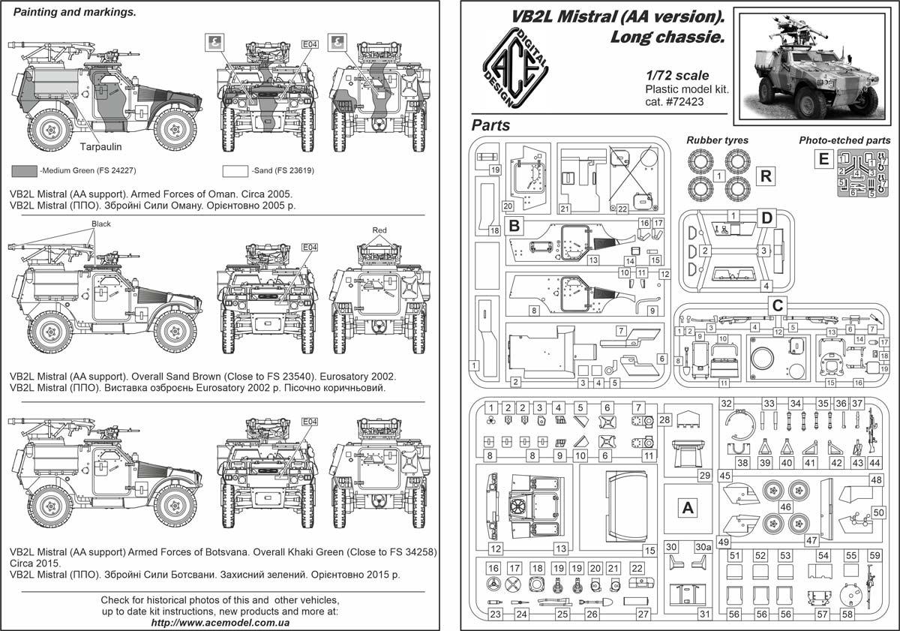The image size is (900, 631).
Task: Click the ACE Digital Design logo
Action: click(515, 68)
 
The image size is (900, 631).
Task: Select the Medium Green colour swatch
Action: click(24, 171)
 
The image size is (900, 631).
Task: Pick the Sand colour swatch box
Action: click(235, 171)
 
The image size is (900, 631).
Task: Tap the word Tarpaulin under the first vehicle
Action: click(100, 147)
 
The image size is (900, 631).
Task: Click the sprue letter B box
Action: click(514, 226)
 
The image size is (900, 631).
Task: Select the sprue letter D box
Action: click(766, 218)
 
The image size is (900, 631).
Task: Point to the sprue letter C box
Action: click(778, 305)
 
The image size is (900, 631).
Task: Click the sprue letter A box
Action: click(688, 508)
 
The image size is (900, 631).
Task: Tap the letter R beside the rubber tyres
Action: click(766, 176)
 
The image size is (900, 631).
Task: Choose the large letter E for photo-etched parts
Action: click(823, 159)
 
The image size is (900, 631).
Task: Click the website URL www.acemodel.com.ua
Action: click(220, 623)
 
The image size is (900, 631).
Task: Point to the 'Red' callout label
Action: click(379, 230)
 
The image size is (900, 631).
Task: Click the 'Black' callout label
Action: click(100, 224)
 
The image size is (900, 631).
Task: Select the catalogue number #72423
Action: click(685, 102)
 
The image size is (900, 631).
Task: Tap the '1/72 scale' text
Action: click(677, 76)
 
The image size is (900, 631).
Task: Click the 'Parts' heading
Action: click(490, 125)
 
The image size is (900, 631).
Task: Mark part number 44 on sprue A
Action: click(874, 463)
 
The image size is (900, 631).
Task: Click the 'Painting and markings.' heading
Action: click(75, 12)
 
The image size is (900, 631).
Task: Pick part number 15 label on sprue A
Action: click(650, 551)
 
